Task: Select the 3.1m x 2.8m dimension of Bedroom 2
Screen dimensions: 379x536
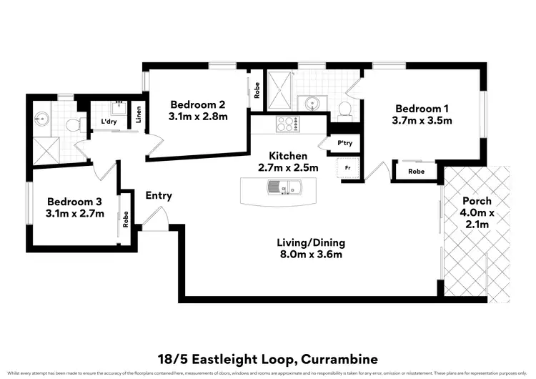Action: [198, 115]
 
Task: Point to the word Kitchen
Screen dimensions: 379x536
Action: [288, 156]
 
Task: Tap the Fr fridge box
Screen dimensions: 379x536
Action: [348, 168]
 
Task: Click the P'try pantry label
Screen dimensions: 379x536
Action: [345, 143]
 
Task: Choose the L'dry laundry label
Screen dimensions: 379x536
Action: [109, 122]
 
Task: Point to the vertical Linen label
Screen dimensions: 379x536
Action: [139, 113]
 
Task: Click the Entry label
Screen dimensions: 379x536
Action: [159, 195]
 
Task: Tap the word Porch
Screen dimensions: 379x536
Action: [476, 201]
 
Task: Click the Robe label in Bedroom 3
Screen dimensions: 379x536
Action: [126, 220]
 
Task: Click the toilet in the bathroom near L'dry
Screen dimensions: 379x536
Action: [71, 125]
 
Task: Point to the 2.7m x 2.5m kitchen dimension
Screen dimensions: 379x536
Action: [288, 168]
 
